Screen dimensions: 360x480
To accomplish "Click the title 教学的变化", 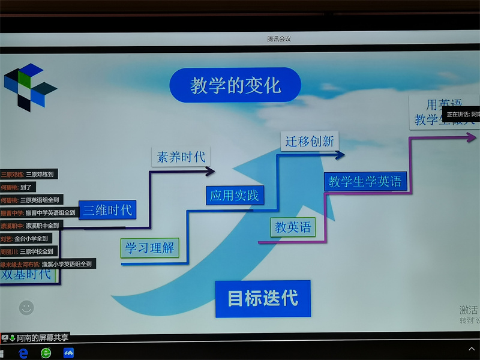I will pyautogui.click(x=235, y=85).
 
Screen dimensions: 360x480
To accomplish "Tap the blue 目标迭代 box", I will pyautogui.click(x=263, y=298).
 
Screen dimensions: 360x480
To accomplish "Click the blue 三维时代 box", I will pyautogui.click(x=107, y=210).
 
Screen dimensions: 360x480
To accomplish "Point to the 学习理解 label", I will pyautogui.click(x=149, y=248).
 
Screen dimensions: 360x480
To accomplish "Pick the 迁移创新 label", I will pyautogui.click(x=310, y=142).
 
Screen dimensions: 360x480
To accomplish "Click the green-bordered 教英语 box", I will pyautogui.click(x=293, y=227).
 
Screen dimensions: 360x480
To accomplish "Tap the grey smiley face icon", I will pyautogui.click(x=26, y=308).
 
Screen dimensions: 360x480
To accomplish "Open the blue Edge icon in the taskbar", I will pyautogui.click(x=23, y=353).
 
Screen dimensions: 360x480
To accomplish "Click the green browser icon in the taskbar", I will pyautogui.click(x=46, y=353).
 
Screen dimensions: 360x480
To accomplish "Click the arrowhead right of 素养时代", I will pyautogui.click(x=210, y=172).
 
